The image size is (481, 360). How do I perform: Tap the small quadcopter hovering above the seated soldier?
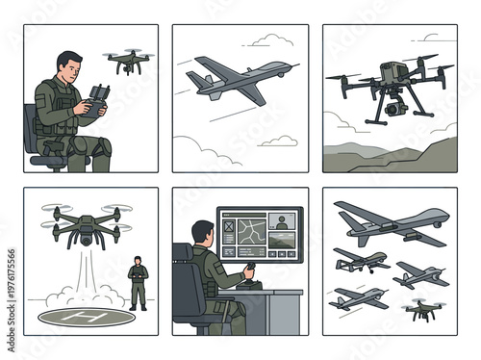(125, 62)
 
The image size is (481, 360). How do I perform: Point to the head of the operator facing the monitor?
(204, 234)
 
